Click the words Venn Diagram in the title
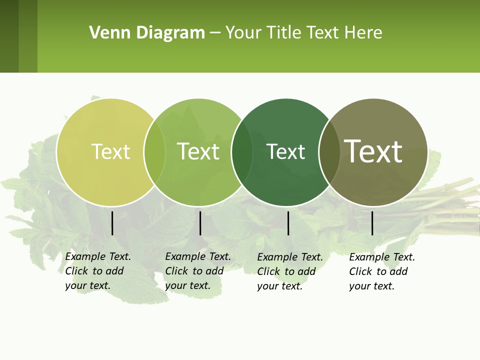point(147,33)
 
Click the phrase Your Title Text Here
point(303,33)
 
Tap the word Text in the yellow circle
point(110,151)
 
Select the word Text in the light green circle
point(198,151)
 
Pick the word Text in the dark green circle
point(285,151)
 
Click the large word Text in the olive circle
point(373,151)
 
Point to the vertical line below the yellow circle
point(112,223)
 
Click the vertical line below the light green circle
point(200,223)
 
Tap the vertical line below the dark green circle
point(288,223)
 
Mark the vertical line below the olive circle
point(372,223)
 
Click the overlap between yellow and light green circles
point(154,152)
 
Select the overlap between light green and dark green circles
point(242,152)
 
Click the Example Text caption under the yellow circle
point(97,271)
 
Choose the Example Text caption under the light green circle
point(197,271)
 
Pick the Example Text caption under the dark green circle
point(289,271)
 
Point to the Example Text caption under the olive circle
point(381,271)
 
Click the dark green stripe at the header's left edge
point(9,36)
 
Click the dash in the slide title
point(215,33)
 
